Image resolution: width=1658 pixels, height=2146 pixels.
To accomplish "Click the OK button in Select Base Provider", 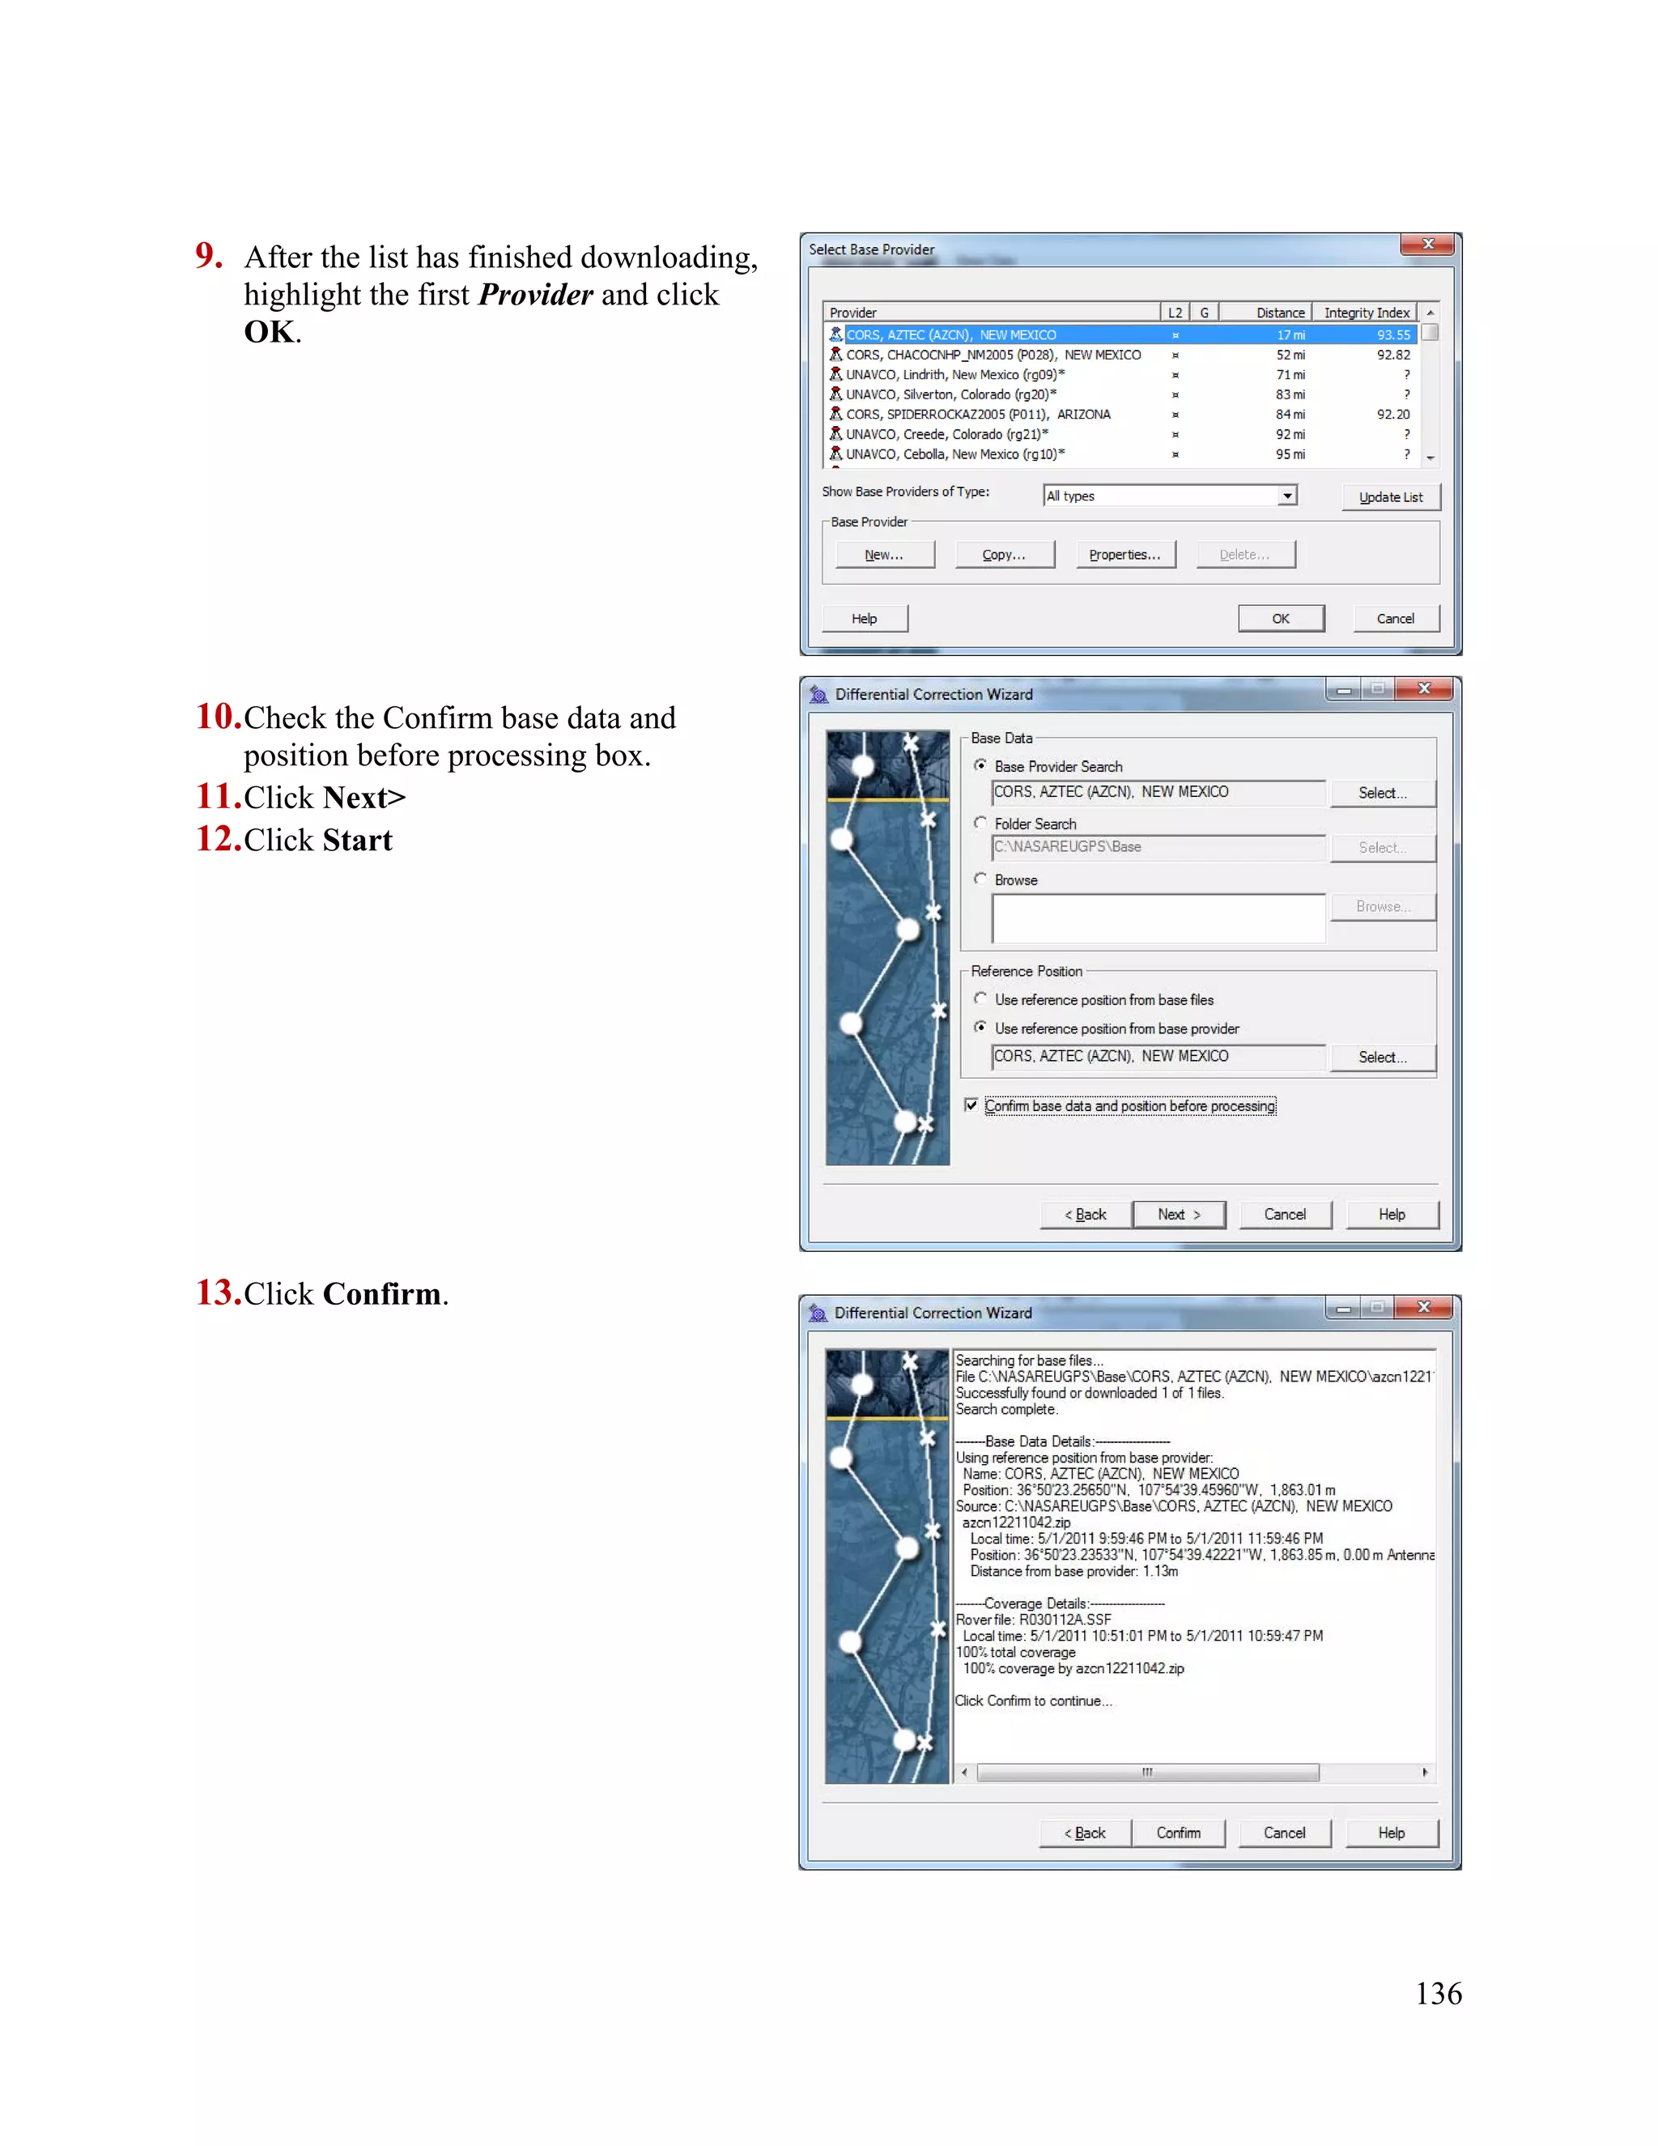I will click(x=1280, y=618).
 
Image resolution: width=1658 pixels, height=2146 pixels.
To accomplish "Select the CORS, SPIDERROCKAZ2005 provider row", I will click(x=977, y=415).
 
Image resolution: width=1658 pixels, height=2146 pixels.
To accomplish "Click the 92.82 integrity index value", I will click(x=1392, y=355).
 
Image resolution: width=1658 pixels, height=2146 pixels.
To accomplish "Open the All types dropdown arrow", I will click(x=1286, y=496).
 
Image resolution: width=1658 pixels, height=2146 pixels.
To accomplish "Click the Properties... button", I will click(x=1124, y=554).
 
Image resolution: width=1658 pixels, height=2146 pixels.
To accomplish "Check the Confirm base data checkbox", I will click(x=971, y=1105).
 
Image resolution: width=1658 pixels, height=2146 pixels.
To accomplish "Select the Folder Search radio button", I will click(x=980, y=823).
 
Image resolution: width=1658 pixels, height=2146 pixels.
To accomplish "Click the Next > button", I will click(x=1179, y=1215).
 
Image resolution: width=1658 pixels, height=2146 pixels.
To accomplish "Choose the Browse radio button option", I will click(x=980, y=879).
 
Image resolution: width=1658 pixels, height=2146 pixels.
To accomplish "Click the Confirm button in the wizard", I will click(x=1178, y=1833).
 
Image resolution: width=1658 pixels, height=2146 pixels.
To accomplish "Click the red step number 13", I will click(x=218, y=1292).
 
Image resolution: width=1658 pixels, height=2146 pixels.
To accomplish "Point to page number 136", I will click(x=1438, y=1993).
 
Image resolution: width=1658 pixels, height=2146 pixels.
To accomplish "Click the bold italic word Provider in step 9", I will click(x=535, y=295).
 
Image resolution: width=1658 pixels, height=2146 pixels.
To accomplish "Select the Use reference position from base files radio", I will click(x=980, y=998).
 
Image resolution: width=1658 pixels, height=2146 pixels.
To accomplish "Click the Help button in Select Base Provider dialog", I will click(x=865, y=618).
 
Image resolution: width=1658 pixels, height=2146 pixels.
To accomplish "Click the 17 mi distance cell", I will click(x=1290, y=335).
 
